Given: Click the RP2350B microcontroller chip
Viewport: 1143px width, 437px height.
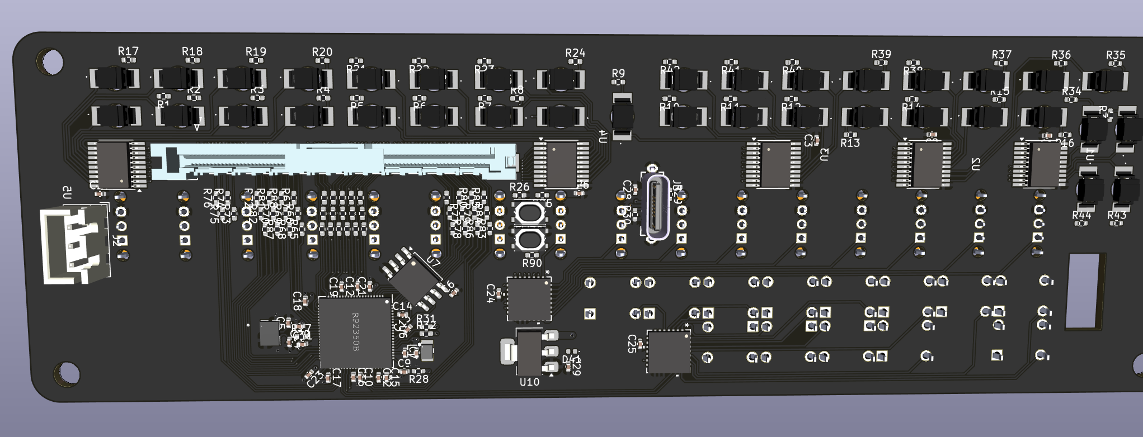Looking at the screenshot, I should coord(355,332).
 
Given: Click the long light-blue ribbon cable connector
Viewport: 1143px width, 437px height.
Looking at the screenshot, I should coord(333,161).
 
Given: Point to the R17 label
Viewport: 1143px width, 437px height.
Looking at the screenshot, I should coord(128,51).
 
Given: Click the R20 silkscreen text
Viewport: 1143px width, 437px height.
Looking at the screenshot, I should coord(322,52).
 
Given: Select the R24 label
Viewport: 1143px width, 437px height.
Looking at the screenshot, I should coord(575,53).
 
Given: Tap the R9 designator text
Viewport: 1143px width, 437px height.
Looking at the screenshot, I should coord(618,73).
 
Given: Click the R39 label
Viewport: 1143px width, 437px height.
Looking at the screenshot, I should coord(881,54).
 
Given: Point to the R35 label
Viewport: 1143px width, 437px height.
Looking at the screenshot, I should coord(1116,55).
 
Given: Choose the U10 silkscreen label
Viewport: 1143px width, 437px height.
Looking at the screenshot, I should coord(529,382).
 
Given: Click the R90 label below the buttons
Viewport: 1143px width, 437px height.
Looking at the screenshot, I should coord(531,263).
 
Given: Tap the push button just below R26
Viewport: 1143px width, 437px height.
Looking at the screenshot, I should coord(529,212).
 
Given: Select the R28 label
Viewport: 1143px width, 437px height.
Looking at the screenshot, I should coord(418,379).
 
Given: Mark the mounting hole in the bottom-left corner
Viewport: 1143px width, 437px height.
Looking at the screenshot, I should coord(67,372).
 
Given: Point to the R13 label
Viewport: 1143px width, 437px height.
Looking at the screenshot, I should coord(850,143).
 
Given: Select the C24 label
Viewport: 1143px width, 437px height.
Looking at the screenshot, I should coord(491,293).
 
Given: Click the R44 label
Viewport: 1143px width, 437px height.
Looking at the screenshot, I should coord(1081,215).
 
